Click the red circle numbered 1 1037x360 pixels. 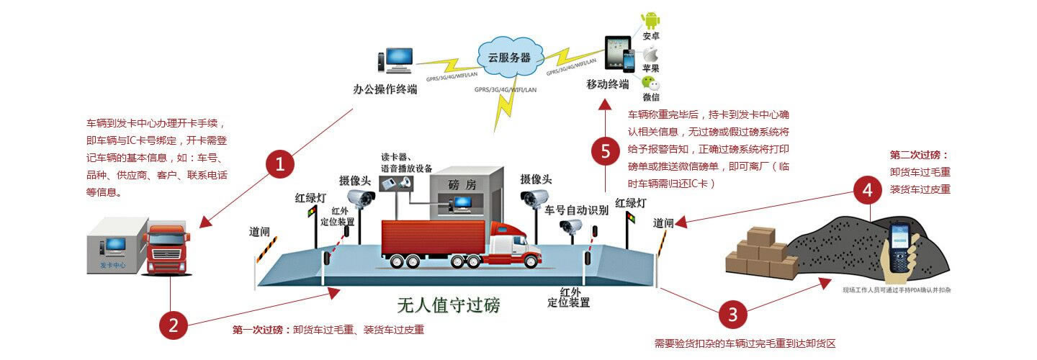click(x=280, y=164)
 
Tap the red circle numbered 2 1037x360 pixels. click(x=173, y=325)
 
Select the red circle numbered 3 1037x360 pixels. click(x=732, y=314)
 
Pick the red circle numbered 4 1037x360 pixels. click(x=867, y=191)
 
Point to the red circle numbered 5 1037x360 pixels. click(x=605, y=151)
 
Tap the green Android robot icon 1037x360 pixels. click(x=651, y=21)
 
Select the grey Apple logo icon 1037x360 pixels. click(x=651, y=53)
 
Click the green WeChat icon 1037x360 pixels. click(x=651, y=83)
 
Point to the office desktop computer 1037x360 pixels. click(x=398, y=61)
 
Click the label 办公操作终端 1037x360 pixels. click(x=385, y=89)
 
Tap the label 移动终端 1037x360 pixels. click(x=608, y=85)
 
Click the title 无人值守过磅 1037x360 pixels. click(x=448, y=305)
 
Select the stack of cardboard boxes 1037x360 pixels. click(x=760, y=252)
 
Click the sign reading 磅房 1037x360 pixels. click(x=462, y=184)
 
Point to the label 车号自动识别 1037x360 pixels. click(x=576, y=210)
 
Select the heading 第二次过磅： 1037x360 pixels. click(x=919, y=155)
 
